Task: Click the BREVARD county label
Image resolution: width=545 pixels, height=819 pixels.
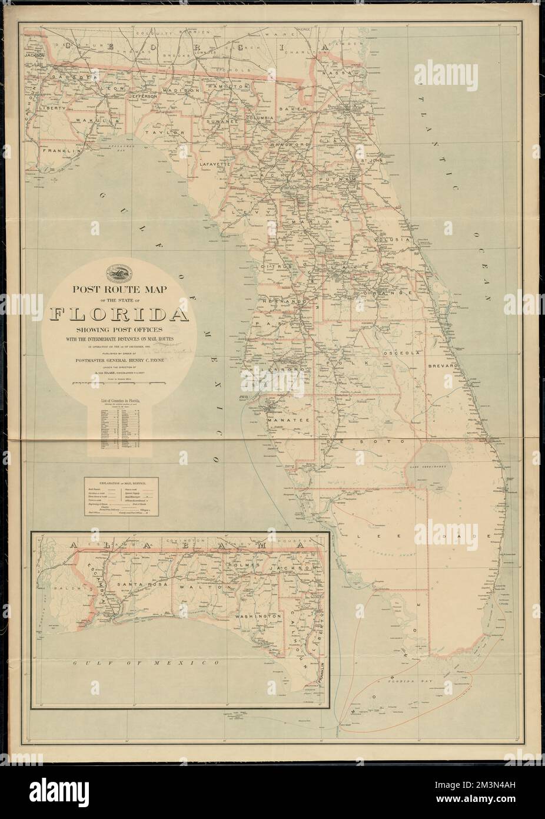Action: (x=446, y=365)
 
